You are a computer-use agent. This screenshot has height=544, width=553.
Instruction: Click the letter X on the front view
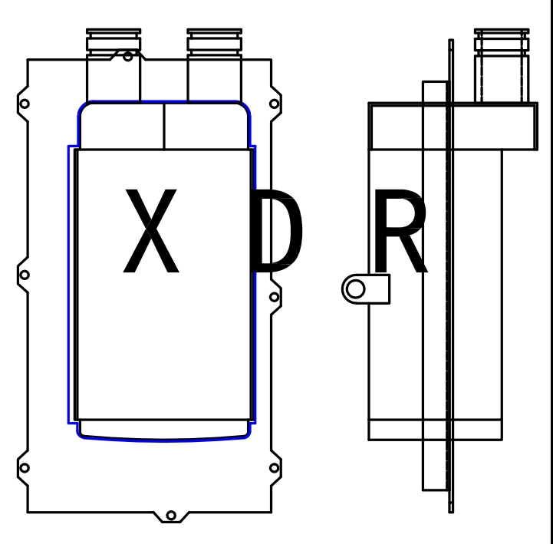[152, 231]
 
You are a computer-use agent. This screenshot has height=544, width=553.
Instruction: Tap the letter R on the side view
[399, 233]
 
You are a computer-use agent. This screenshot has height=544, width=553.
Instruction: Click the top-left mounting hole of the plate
[25, 104]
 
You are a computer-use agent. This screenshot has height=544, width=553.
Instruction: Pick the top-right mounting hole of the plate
[274, 104]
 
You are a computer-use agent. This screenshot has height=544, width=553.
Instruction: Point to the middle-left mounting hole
[25, 275]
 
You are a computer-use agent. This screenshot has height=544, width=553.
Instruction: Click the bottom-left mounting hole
[25, 467]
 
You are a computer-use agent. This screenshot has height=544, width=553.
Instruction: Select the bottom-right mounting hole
[274, 467]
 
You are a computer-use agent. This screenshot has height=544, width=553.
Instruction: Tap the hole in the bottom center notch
[170, 515]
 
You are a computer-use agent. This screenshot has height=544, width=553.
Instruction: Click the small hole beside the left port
[128, 56]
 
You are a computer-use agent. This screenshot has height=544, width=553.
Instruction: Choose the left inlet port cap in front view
[114, 40]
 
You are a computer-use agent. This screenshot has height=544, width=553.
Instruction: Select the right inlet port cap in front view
[215, 40]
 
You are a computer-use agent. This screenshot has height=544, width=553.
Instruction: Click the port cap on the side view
[502, 40]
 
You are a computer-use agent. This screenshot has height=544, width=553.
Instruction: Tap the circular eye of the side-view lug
[355, 289]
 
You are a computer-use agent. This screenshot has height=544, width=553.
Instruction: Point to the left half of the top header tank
[123, 126]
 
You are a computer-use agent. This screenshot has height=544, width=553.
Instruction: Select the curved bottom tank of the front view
[164, 430]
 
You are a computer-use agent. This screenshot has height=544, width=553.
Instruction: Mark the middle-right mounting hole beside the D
[274, 296]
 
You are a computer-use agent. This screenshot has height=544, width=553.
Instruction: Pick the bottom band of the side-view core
[435, 430]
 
